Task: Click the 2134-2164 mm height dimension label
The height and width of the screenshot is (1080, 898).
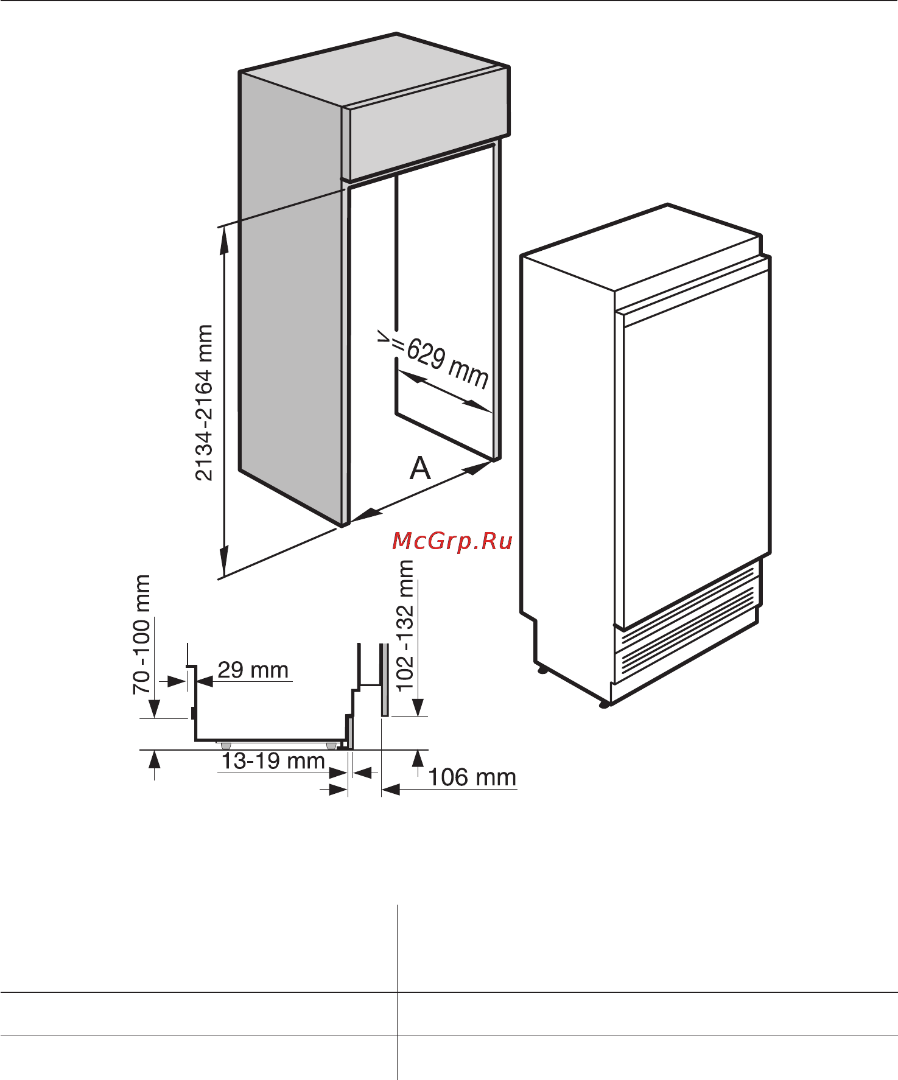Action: coord(205,402)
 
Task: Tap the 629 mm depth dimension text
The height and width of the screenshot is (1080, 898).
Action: coord(447,364)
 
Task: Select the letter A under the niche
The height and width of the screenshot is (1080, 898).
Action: coord(420,468)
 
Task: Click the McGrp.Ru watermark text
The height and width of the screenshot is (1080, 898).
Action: coord(452,541)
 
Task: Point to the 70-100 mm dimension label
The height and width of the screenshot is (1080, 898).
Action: coord(141,634)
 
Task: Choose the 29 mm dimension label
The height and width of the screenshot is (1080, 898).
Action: coord(253,670)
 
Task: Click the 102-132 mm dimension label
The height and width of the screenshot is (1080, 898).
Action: coord(405,625)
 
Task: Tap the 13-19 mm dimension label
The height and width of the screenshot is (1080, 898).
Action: coord(273,760)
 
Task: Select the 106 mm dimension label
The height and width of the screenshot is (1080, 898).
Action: coord(472,777)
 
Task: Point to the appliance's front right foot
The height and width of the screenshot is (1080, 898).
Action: coord(603,705)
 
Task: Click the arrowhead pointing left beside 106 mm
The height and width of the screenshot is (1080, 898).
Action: coord(391,790)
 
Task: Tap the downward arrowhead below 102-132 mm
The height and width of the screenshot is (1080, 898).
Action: coord(418,707)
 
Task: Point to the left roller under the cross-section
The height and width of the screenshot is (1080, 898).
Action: coord(226,745)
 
